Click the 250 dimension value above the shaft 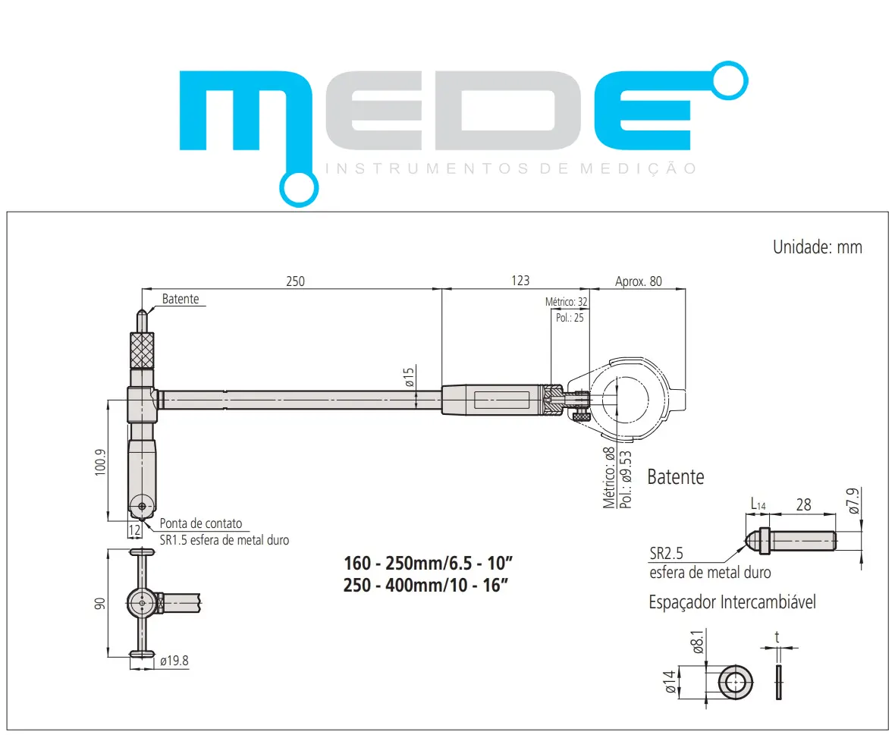(295, 281)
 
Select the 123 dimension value (520, 281)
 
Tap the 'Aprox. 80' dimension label (638, 281)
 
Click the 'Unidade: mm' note (817, 247)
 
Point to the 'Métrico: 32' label (567, 302)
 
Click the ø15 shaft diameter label (410, 377)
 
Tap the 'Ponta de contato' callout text (201, 523)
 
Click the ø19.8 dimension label (174, 661)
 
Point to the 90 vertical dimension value (99, 603)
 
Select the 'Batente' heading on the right (675, 477)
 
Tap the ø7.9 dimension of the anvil (855, 502)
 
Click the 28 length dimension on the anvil (803, 504)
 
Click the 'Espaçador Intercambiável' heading (732, 602)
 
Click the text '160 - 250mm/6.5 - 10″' (429, 564)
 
